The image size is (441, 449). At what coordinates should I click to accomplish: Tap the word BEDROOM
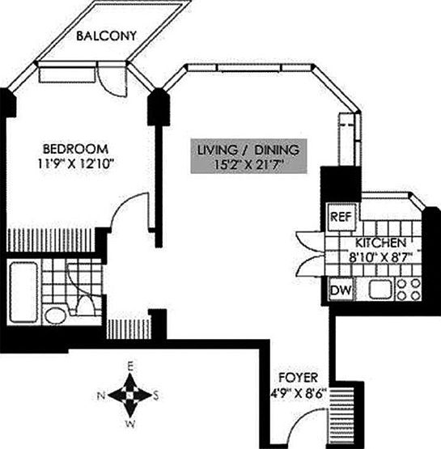click(75, 149)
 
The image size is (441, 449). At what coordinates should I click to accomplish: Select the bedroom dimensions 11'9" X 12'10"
click(75, 164)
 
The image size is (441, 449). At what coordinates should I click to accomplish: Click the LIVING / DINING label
click(249, 150)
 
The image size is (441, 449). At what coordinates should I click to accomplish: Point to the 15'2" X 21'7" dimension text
click(249, 165)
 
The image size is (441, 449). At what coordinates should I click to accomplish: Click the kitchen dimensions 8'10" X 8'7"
click(380, 258)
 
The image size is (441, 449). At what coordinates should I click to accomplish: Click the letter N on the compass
click(101, 396)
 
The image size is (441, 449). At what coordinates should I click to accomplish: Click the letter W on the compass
click(129, 423)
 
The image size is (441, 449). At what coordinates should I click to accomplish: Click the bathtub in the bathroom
click(23, 283)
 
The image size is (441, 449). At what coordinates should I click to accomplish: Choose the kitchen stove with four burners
click(409, 289)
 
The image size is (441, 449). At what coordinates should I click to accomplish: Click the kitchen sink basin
click(380, 289)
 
